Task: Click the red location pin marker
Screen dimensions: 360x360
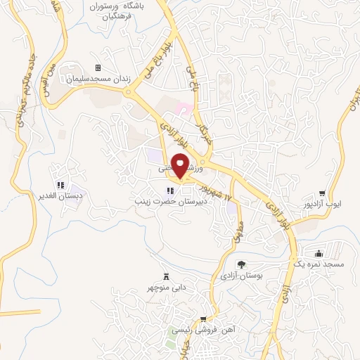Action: click(180, 166)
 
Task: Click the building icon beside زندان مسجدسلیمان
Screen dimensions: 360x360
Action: click(98, 68)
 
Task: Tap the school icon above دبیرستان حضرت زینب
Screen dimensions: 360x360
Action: click(169, 191)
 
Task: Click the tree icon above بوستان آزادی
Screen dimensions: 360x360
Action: click(241, 265)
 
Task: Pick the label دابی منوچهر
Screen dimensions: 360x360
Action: click(167, 288)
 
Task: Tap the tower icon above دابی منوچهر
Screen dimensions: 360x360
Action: click(167, 276)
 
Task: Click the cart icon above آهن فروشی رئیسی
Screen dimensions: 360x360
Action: click(203, 319)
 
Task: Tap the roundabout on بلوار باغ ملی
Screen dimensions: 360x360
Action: click(128, 91)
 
